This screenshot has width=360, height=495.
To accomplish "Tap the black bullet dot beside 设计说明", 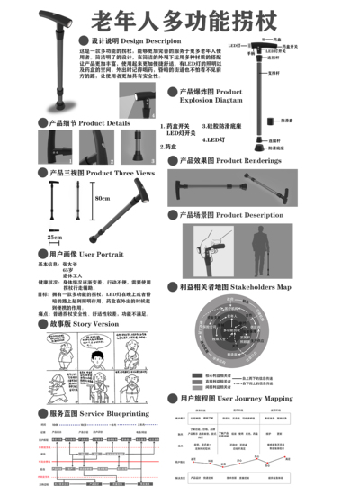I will pos(85,41).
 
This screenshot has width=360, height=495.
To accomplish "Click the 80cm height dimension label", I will pos(103,198).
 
